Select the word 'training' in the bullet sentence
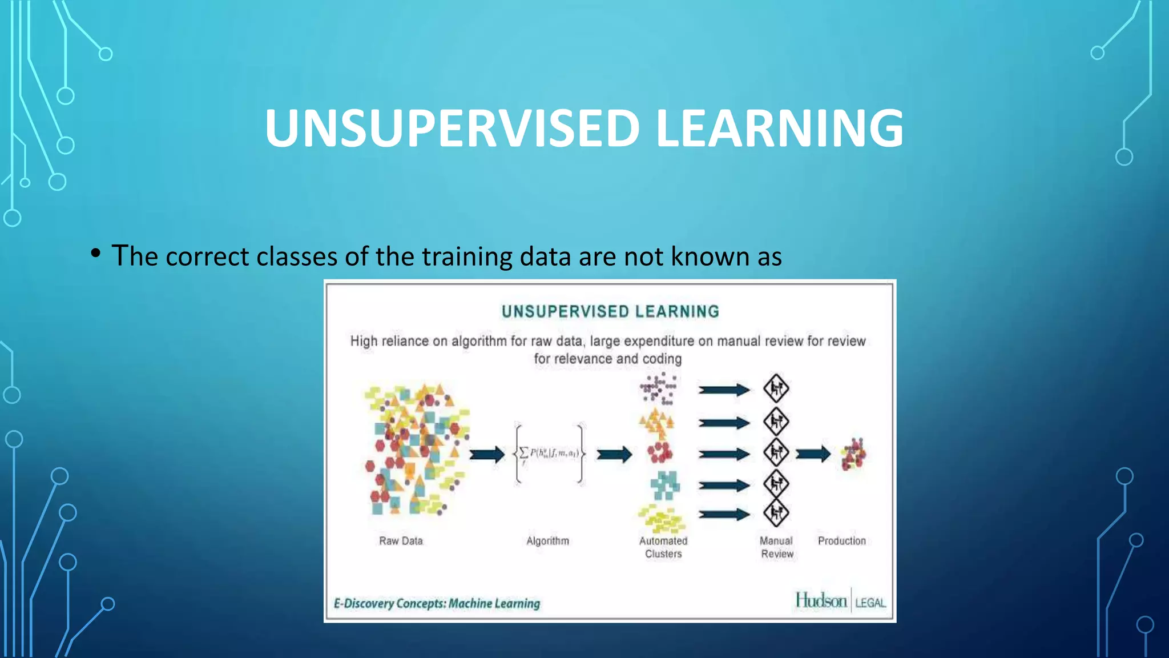pos(466,256)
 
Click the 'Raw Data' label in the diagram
pos(401,541)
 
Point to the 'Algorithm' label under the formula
pos(547,541)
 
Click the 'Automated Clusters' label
pos(663,547)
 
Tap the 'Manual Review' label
pos(776,547)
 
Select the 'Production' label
pos(841,541)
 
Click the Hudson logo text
pos(821,600)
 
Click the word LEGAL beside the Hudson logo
pos(870,603)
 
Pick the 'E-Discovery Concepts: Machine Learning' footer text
pos(437,603)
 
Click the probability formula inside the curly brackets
pos(550,454)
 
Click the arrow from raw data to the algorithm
pos(487,455)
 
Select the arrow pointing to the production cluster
pos(813,455)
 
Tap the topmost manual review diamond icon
pos(776,389)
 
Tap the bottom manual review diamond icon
pos(776,513)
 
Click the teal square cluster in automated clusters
pos(665,485)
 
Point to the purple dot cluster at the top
pos(659,388)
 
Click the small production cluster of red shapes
pos(853,455)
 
